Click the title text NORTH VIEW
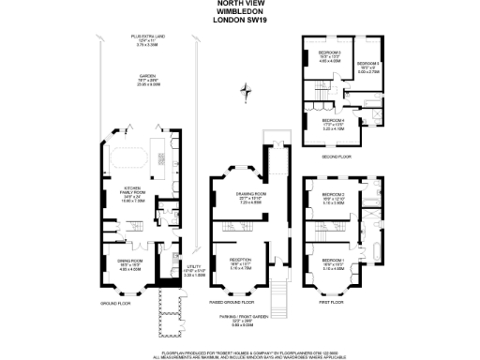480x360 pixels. click(x=240, y=4)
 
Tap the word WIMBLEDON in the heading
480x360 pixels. click(x=240, y=11)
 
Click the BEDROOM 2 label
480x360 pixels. click(x=335, y=195)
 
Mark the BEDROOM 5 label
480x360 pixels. click(x=328, y=53)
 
